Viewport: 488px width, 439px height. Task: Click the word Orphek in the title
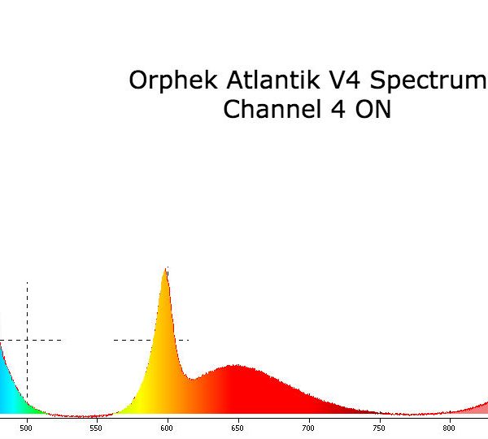tap(173, 81)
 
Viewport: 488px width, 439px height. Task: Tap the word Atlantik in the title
tap(273, 80)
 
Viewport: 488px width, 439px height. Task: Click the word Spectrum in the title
tap(429, 81)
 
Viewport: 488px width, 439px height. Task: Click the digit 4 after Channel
tap(338, 110)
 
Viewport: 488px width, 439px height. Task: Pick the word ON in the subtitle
tap(373, 110)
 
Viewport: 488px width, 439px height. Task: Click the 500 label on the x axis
tap(26, 428)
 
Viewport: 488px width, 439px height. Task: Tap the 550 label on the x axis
tap(96, 428)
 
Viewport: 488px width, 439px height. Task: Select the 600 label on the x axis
tap(167, 428)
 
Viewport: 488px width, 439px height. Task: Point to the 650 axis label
tap(237, 428)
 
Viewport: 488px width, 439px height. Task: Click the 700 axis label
tap(307, 428)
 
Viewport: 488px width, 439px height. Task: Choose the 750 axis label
tap(379, 428)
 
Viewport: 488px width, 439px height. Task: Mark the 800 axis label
tap(449, 428)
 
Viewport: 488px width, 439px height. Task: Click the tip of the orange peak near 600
tap(166, 268)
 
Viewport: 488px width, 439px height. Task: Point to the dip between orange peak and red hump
tap(192, 380)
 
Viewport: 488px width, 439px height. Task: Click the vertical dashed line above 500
tap(27, 341)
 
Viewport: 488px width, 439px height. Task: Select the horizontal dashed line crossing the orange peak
tap(151, 340)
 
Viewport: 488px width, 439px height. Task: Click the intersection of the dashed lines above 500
tap(27, 340)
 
